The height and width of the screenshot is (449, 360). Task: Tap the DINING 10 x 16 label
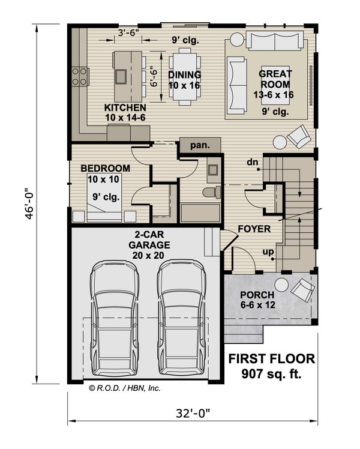[184, 80]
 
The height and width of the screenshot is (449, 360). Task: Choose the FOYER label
[254, 229]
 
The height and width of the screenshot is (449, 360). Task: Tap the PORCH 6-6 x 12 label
[257, 300]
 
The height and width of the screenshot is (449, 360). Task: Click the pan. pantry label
[200, 146]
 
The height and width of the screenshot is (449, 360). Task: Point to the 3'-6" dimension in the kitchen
[128, 34]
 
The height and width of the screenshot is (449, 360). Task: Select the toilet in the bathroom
[209, 193]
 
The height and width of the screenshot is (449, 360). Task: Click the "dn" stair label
[252, 162]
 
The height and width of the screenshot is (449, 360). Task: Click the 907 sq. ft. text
[272, 375]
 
